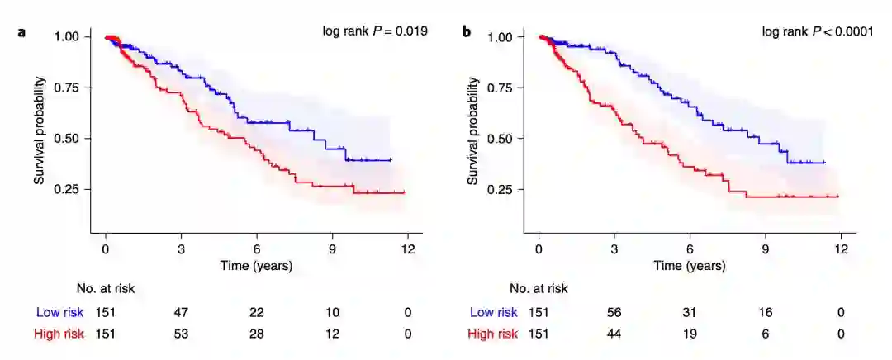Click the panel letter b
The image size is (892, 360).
pyautogui.click(x=467, y=33)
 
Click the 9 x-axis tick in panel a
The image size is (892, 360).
pyautogui.click(x=332, y=249)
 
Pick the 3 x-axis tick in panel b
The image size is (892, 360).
pyautogui.click(x=614, y=249)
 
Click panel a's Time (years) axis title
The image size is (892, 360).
pyautogui.click(x=256, y=266)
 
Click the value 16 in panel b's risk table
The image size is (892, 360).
pyautogui.click(x=766, y=313)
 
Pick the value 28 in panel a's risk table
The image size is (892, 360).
pyautogui.click(x=257, y=334)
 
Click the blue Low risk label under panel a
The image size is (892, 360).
pyautogui.click(x=59, y=313)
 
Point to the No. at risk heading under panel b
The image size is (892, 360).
pyautogui.click(x=539, y=289)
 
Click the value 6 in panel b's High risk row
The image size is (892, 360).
pyautogui.click(x=766, y=334)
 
